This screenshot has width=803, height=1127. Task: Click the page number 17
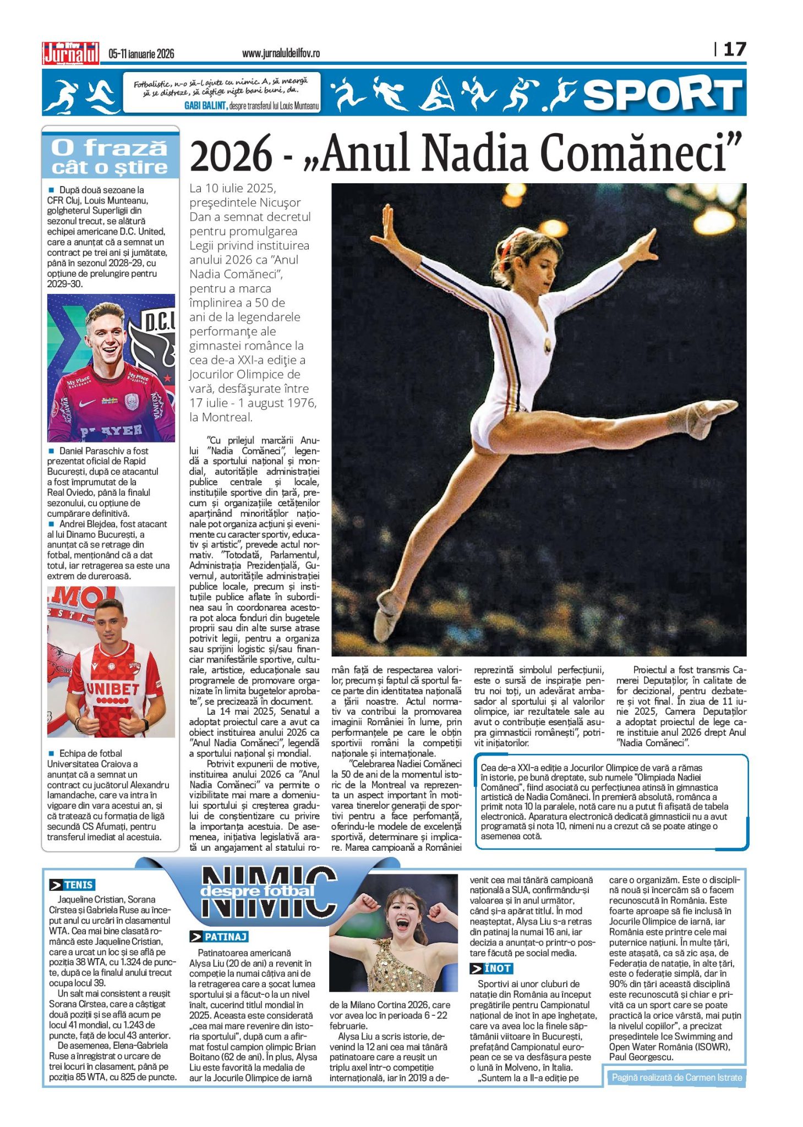(734, 50)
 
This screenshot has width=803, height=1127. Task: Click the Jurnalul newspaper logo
(71, 54)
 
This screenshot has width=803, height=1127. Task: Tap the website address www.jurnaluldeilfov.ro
(281, 53)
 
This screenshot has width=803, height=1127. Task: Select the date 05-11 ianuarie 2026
(141, 53)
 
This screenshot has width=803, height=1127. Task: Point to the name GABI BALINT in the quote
(205, 106)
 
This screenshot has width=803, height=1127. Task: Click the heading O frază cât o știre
(110, 157)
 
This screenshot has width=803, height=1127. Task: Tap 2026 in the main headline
(231, 155)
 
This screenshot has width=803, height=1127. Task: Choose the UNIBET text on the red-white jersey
(112, 688)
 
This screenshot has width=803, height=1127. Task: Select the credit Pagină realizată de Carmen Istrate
(676, 1077)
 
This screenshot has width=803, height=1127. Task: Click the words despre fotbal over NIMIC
(257, 891)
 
